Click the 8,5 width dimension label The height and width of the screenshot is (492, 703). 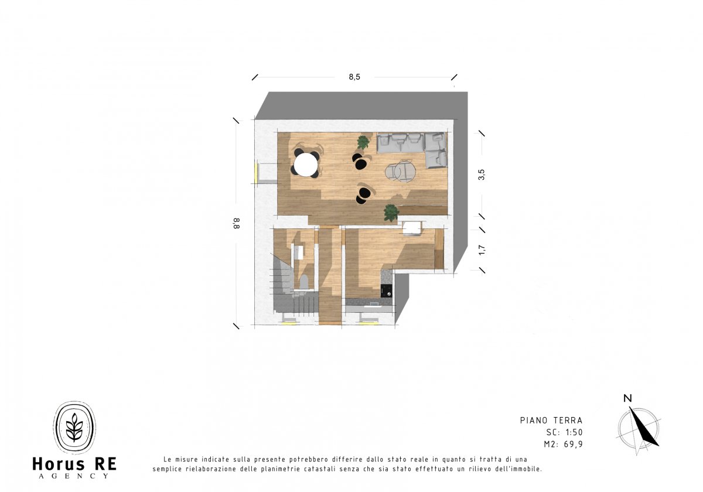(x=354, y=77)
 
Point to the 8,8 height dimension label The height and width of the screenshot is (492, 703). (x=236, y=223)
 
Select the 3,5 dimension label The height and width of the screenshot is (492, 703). (x=482, y=175)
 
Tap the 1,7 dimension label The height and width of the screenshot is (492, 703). (x=482, y=250)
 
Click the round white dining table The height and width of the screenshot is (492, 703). (x=306, y=164)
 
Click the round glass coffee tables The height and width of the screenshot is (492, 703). (x=401, y=171)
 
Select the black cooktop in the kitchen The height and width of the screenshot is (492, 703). (x=386, y=291)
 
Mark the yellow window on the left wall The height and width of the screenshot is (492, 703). (x=256, y=173)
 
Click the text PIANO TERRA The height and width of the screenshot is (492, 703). (x=551, y=420)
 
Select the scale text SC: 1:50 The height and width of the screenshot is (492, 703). (x=564, y=432)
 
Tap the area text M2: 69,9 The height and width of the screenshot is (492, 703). (x=564, y=445)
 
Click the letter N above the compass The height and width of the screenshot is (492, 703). (x=627, y=398)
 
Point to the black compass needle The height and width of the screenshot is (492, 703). (x=643, y=427)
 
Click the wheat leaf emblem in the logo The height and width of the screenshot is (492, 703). (x=74, y=427)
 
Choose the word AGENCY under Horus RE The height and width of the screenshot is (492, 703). (x=74, y=476)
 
